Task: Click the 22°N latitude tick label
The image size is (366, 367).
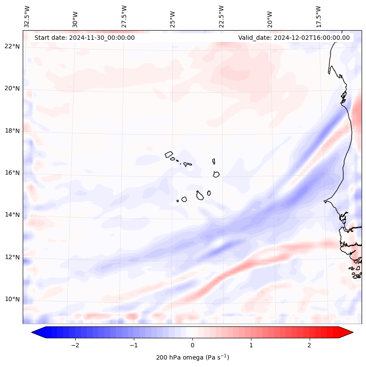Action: [x=12, y=46]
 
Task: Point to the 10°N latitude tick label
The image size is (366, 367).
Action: [x=12, y=299]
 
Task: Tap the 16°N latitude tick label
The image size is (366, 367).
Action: [x=12, y=173]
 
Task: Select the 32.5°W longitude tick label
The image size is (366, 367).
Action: [x=27, y=17]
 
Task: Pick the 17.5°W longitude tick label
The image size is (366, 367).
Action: [x=318, y=17]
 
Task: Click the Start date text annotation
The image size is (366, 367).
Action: [x=84, y=38]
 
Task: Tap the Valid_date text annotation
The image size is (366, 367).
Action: [x=294, y=38]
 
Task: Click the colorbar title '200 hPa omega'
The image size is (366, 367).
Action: [x=192, y=357]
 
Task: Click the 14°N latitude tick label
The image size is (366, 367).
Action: [x=12, y=215]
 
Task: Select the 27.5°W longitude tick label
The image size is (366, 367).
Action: [x=125, y=17]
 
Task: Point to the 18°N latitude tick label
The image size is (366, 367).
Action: [x=12, y=131]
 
